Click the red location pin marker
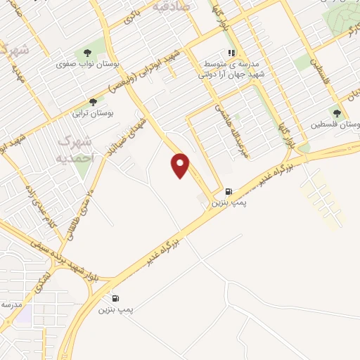pyautogui.click(x=181, y=165)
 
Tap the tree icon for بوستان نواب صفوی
pyautogui.click(x=87, y=53)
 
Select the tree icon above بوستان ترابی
pyautogui.click(x=92, y=102)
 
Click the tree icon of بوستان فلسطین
pyautogui.click(x=337, y=113)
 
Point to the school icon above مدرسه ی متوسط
pyautogui.click(x=230, y=53)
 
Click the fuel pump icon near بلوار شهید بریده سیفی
pyautogui.click(x=115, y=298)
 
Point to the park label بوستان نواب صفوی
pyautogui.click(x=89, y=63)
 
